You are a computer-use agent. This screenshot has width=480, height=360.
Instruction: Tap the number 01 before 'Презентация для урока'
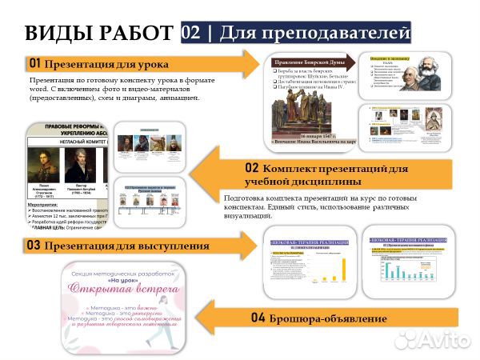coord(34,63)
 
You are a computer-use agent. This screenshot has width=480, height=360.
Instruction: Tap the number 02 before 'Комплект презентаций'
coord(252,169)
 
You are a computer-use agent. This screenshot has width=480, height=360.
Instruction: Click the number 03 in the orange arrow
coord(34,246)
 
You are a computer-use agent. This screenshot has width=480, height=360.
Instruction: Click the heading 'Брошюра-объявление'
coord(328,318)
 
